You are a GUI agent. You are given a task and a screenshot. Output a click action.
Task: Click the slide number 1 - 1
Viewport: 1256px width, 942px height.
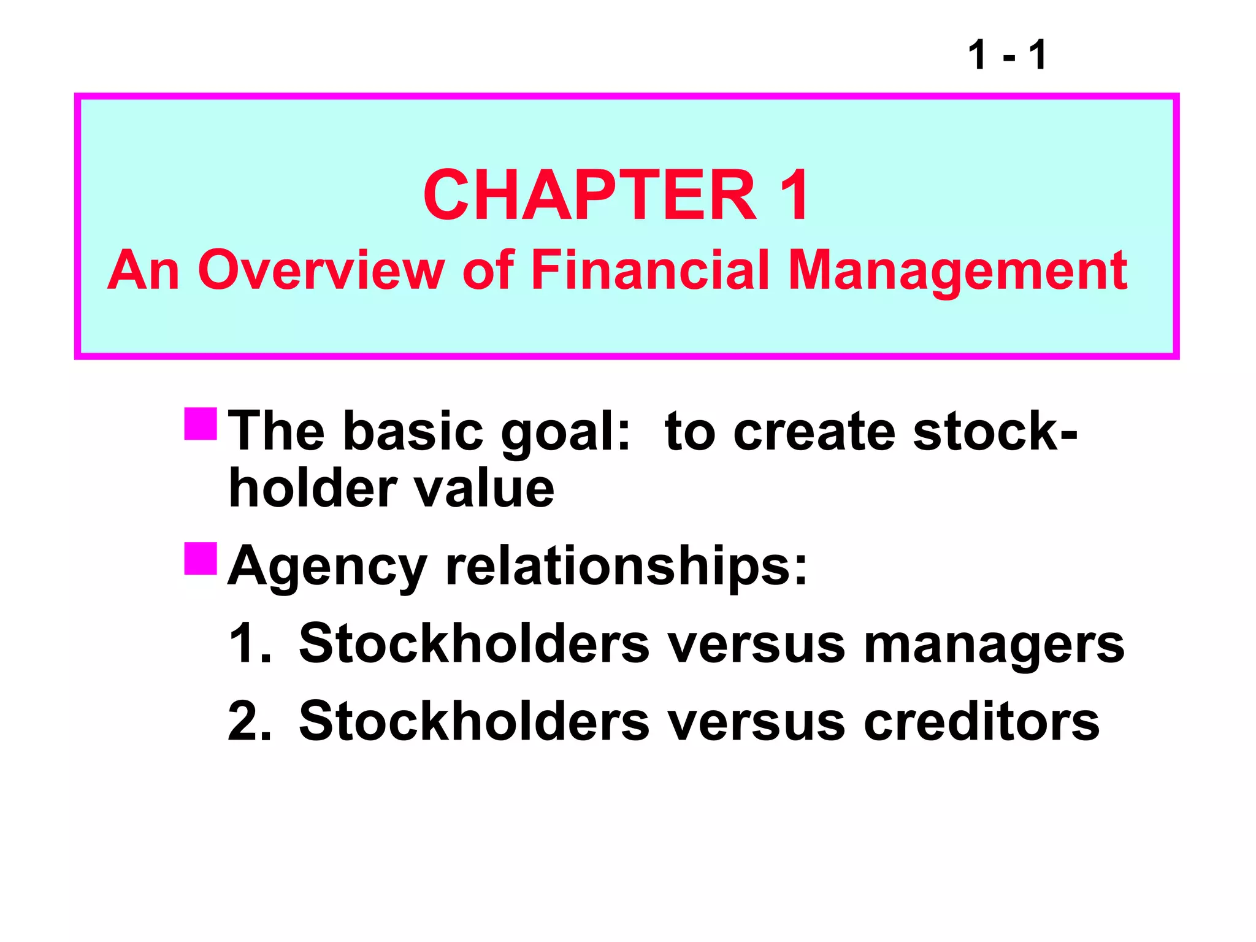click(x=1007, y=55)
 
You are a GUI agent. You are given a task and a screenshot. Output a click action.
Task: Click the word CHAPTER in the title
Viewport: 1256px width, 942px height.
click(x=589, y=196)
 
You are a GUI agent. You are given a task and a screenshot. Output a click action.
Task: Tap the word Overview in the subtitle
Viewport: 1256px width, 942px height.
click(x=321, y=270)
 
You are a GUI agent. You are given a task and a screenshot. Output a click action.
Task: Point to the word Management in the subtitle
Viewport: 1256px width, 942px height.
click(x=957, y=272)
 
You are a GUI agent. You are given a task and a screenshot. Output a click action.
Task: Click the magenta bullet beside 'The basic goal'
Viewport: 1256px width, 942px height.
click(x=201, y=424)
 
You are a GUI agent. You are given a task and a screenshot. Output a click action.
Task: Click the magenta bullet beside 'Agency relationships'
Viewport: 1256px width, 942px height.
click(x=201, y=558)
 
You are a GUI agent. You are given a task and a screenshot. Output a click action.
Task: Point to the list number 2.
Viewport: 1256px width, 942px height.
click(x=249, y=721)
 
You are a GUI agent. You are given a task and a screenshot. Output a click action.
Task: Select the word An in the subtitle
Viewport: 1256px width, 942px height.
click(x=144, y=270)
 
